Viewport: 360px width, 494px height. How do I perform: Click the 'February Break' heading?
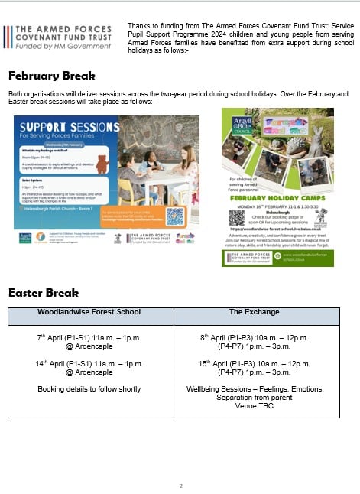52,76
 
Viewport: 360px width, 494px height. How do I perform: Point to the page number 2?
181,486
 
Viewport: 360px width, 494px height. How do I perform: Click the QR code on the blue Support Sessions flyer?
175,215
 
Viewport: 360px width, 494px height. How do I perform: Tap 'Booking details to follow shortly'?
89,388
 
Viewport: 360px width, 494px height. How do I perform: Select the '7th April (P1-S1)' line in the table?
89,336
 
